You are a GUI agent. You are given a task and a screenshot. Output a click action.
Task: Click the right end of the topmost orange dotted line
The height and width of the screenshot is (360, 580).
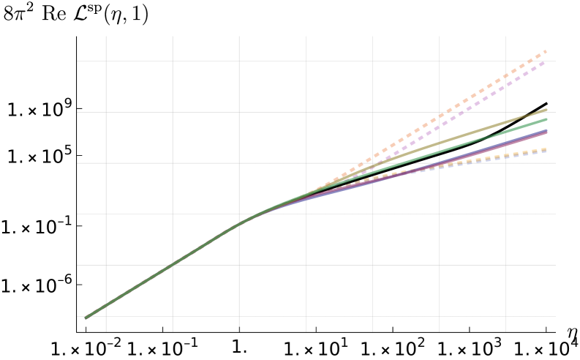[x=546, y=51]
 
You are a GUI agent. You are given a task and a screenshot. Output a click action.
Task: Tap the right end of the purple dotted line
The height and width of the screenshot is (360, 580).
[x=546, y=61]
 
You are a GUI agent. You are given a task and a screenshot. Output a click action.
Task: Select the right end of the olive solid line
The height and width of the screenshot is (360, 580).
[x=546, y=110]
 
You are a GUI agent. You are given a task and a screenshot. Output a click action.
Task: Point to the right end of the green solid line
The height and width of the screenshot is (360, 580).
[x=546, y=119]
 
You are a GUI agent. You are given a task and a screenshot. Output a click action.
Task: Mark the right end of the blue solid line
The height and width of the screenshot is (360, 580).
[x=546, y=130]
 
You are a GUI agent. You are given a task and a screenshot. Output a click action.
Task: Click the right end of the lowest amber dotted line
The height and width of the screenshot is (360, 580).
[x=546, y=149]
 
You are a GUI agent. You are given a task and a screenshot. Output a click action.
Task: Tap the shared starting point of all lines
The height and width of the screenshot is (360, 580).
[x=86, y=317]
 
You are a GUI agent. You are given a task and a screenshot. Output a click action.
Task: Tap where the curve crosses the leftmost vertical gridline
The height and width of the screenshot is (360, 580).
[x=106, y=304]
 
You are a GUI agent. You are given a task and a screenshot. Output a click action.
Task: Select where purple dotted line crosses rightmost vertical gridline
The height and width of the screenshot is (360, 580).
[x=505, y=85]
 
